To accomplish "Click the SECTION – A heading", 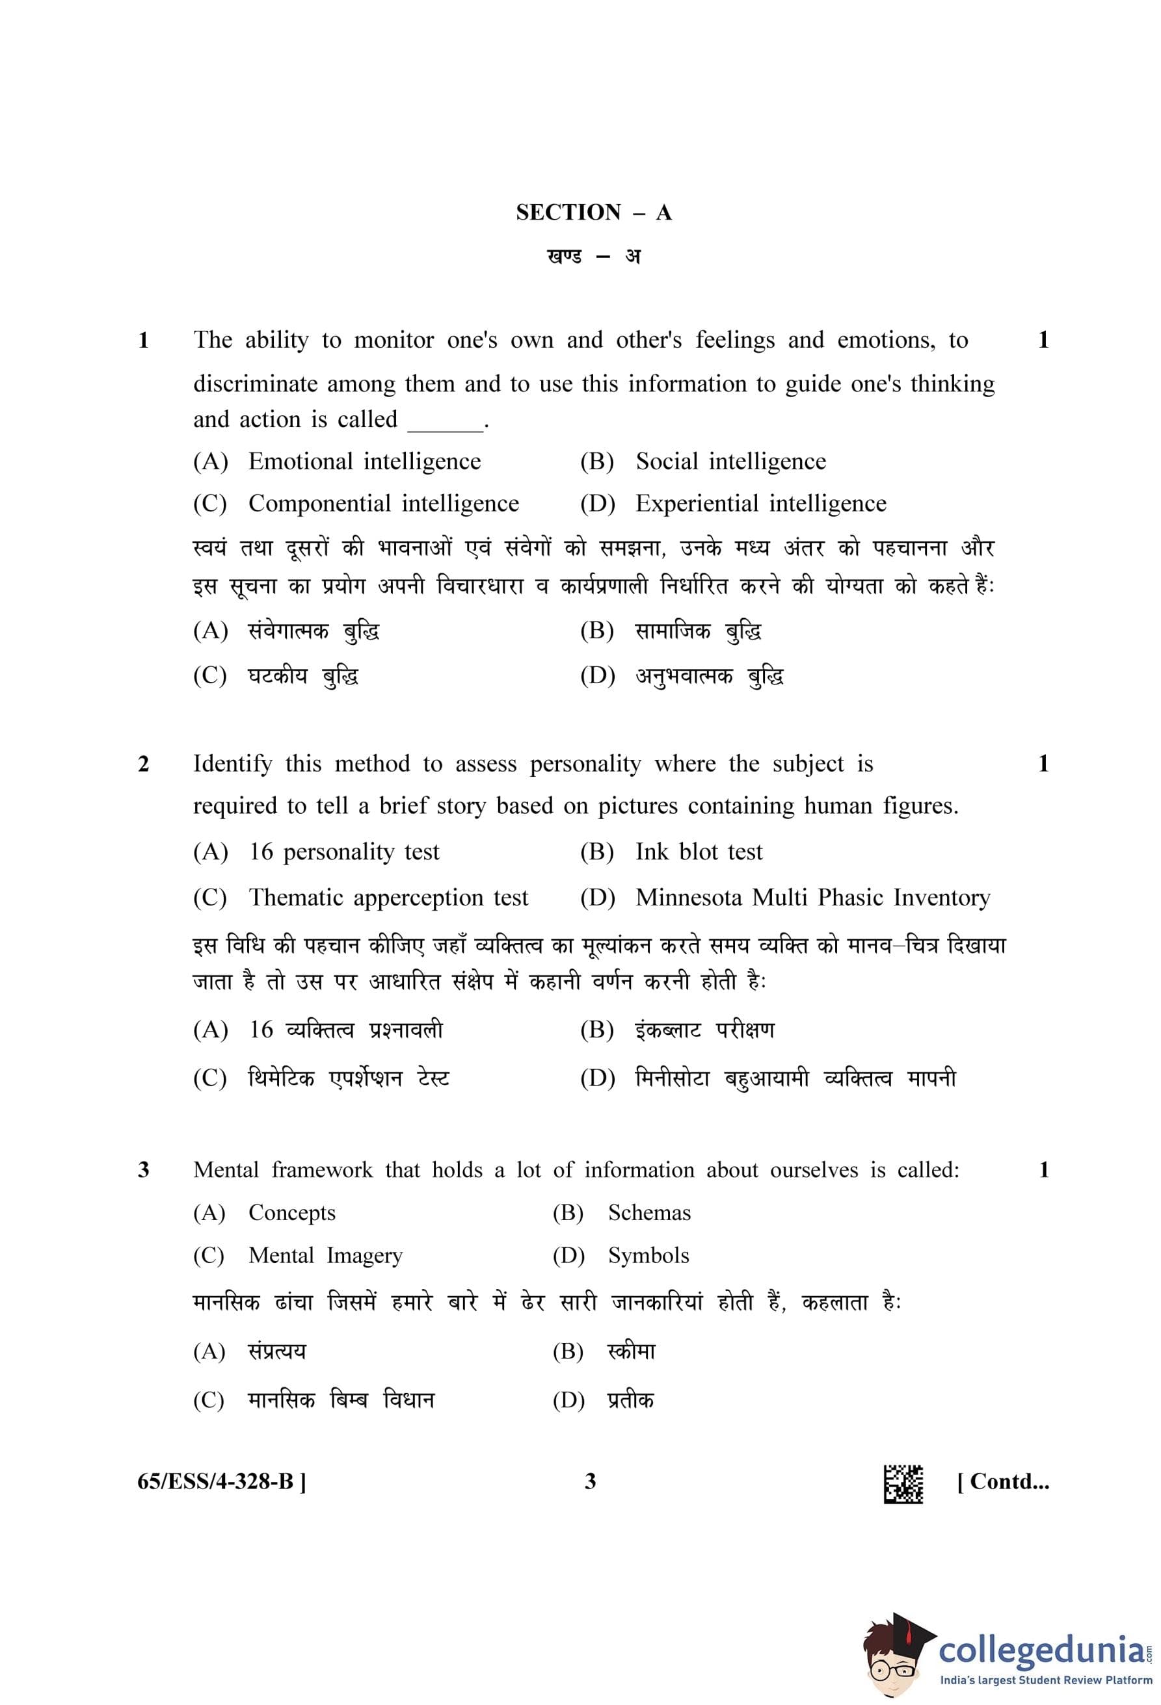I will pos(593,213).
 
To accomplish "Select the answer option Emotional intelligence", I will pos(364,462).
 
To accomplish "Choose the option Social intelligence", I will pos(730,462).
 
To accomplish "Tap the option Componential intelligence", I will pos(383,504).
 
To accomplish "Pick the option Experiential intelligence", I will pos(760,504).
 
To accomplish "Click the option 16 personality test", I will pos(343,852).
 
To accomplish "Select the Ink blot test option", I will pos(699,852).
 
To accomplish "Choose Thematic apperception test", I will pos(388,898).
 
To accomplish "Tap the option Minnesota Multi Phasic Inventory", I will pos(812,898).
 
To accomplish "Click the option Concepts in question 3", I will pos(291,1213).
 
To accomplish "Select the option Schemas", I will pos(648,1213).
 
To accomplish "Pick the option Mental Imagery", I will pos(325,1255).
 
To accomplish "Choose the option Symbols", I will pos(648,1255).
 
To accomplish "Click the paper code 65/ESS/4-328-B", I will pos(222,1481).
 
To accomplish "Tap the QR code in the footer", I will pos(903,1484).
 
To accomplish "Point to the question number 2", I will pos(144,764).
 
